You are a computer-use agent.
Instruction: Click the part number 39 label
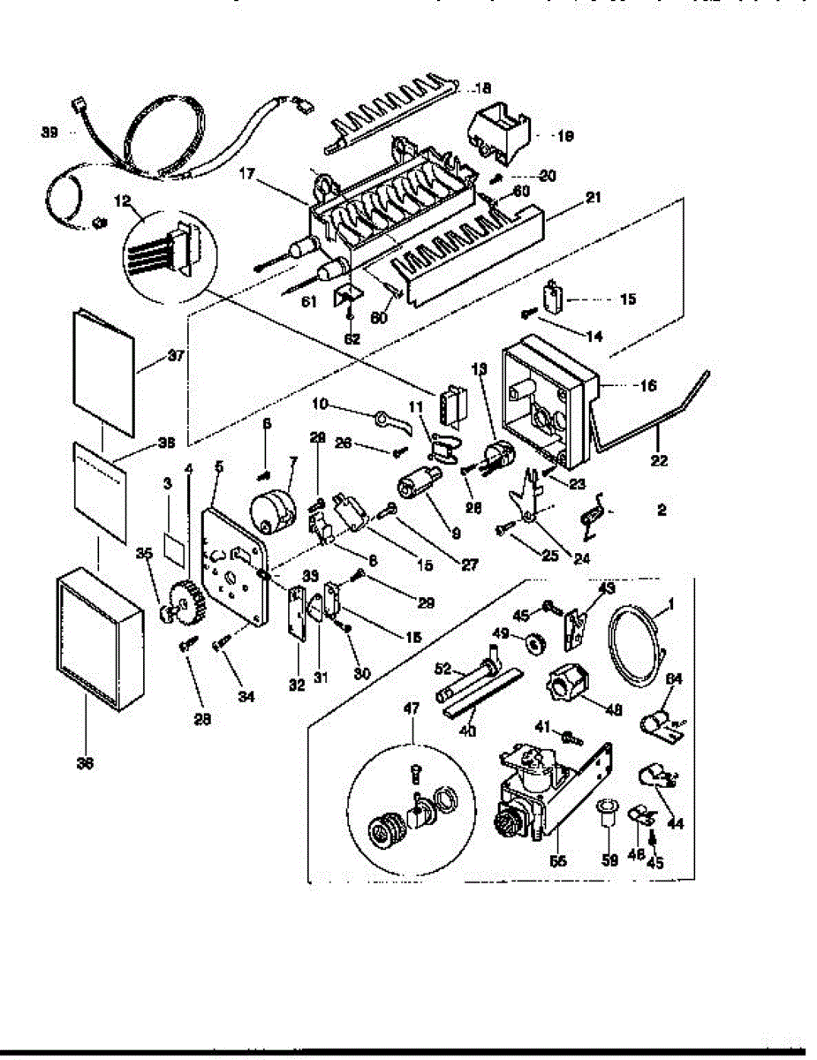point(49,132)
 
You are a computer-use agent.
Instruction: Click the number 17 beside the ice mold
point(246,176)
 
